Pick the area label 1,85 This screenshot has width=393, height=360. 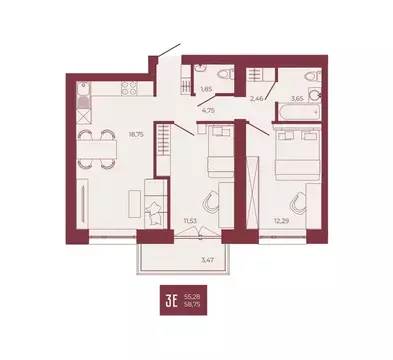click(x=206, y=90)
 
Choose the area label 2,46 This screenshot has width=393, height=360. click(x=257, y=98)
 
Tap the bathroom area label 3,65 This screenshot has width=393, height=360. click(x=297, y=98)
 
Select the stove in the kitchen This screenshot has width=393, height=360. click(x=129, y=87)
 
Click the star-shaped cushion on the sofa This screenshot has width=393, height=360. click(x=156, y=206)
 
